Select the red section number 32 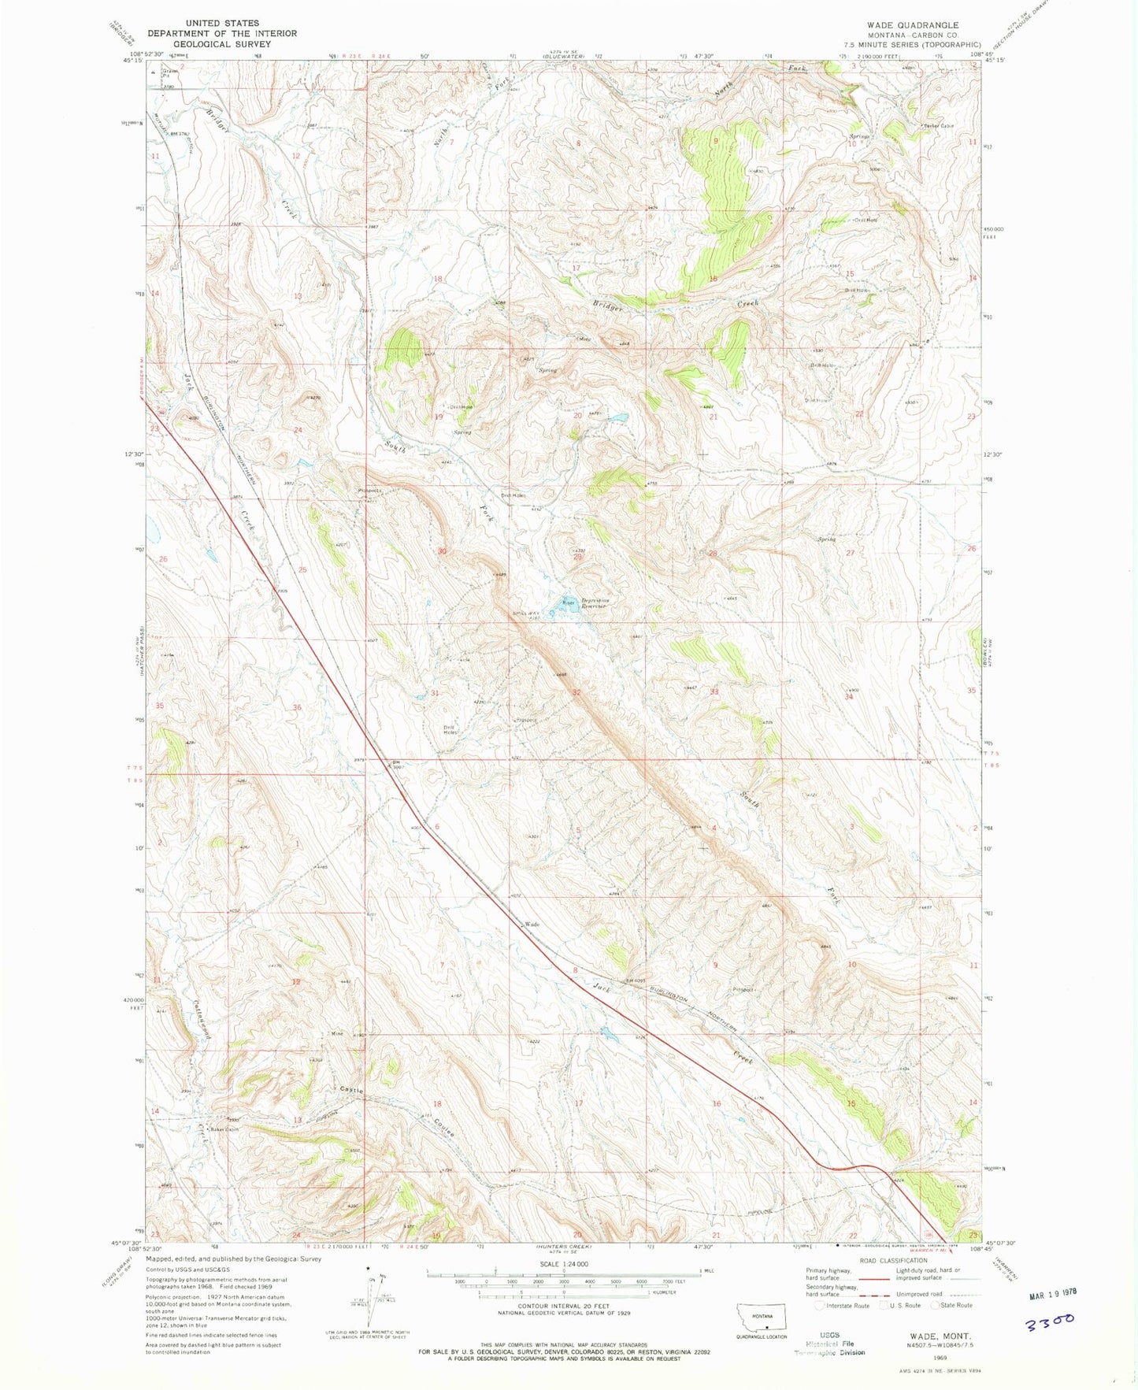tap(576, 692)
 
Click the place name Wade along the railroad tap(532, 923)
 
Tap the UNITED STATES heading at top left tap(220, 24)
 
